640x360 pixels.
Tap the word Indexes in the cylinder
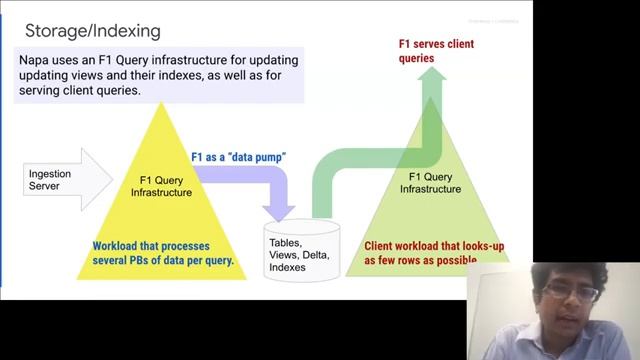point(288,268)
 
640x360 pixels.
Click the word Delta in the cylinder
point(317,255)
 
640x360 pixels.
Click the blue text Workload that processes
point(159,246)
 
